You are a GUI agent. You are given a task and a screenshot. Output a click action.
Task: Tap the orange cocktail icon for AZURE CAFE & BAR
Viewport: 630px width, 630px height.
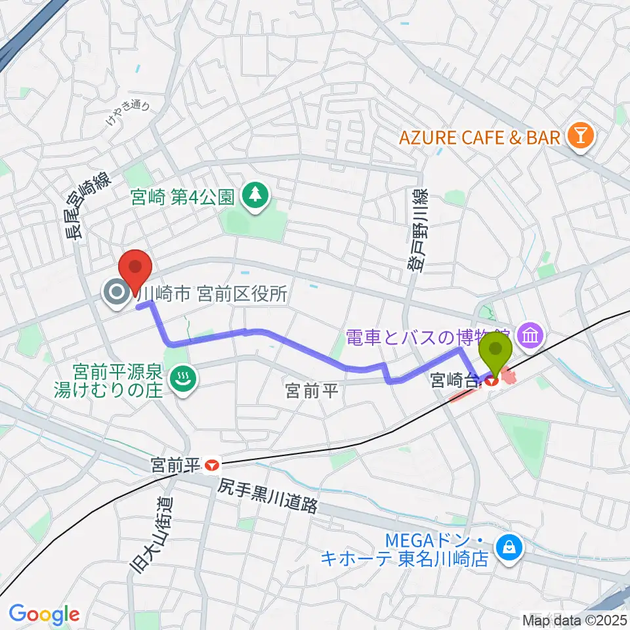coord(581,136)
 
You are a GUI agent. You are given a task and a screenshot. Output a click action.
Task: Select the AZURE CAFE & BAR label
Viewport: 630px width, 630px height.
coord(478,137)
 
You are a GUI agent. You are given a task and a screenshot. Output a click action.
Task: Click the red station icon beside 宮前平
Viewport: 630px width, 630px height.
coord(211,465)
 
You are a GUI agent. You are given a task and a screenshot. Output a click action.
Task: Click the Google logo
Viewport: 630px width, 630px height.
coord(44,614)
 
